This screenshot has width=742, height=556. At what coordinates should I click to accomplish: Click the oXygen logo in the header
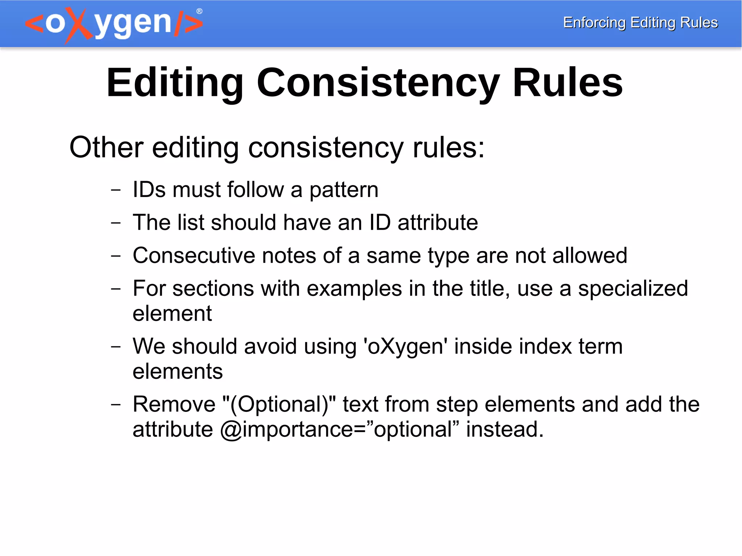(x=114, y=24)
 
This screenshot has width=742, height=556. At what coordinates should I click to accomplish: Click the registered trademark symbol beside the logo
(x=199, y=11)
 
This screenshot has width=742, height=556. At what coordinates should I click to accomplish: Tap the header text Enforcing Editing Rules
(x=640, y=22)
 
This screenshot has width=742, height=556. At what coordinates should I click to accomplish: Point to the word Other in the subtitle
(x=107, y=147)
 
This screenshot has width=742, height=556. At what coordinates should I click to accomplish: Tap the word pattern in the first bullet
(x=343, y=190)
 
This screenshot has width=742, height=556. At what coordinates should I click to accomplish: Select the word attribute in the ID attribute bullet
(x=438, y=222)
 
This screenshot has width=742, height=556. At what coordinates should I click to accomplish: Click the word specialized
(x=633, y=289)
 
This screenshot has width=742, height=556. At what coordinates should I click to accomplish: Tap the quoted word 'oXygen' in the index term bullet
(x=405, y=347)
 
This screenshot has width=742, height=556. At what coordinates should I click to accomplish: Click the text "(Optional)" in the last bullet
(x=279, y=404)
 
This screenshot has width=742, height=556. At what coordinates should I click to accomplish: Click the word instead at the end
(x=505, y=430)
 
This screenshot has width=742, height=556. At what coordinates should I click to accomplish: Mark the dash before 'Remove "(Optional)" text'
(x=116, y=404)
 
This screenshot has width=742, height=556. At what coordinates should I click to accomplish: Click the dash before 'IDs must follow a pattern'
(x=116, y=189)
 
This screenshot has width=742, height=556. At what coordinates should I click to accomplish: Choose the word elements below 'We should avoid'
(x=178, y=372)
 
